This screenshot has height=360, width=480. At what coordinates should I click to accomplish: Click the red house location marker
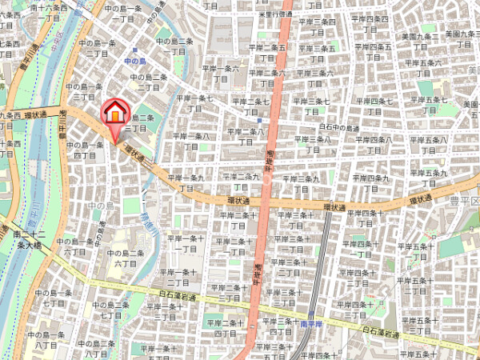114,114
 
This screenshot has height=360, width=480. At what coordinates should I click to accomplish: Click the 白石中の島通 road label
342,126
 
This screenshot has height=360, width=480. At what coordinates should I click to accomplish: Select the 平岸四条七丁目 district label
373,106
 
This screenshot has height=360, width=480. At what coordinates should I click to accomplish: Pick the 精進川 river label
148,220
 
